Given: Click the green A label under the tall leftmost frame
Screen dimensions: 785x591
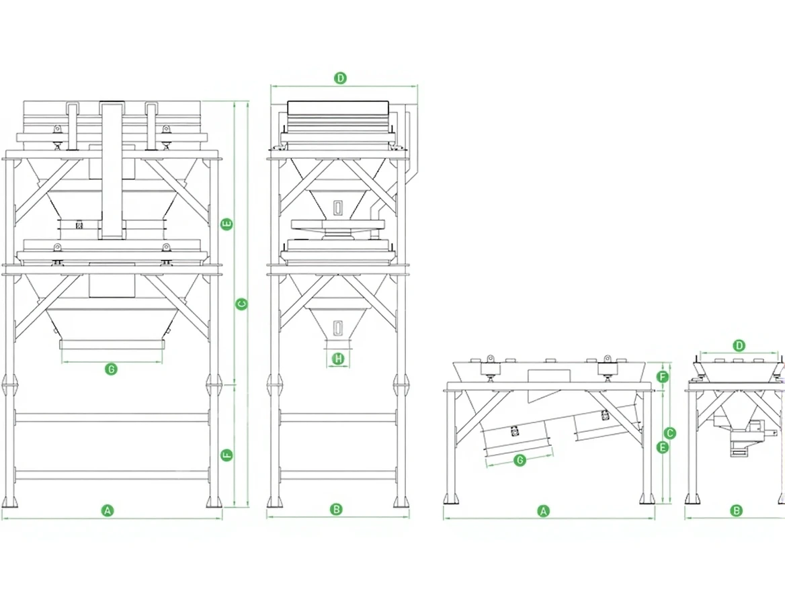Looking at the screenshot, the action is pos(108,510).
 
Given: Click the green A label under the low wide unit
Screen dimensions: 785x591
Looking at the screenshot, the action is pos(543,511).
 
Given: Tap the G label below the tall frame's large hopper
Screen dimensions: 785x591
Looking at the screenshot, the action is pos(111,369).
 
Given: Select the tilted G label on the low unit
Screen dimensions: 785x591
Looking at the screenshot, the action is pos(520,459).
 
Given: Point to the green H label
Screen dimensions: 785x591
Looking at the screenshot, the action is pos(339,359).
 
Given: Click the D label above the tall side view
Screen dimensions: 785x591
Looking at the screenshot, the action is pos(341,78).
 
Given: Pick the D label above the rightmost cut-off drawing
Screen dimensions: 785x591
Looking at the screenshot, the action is pos(739,345).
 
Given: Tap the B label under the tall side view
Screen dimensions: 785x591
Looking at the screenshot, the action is pos(337,510).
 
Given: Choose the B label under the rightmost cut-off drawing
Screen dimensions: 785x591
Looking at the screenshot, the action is pos(737,510).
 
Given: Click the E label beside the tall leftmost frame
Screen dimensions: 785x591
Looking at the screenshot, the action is pos(226,224).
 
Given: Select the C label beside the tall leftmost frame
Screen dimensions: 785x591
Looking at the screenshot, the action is pos(241,304).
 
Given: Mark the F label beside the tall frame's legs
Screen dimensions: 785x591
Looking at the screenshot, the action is pos(226,455).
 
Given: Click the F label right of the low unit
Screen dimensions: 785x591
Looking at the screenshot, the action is pos(663,377).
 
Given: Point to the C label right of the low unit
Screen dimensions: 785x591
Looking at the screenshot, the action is pos(670,433).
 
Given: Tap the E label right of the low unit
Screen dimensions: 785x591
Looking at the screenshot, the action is pos(663,447).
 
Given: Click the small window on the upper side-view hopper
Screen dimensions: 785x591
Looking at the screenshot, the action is pos(339,208).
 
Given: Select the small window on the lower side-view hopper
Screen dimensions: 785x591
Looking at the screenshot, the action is pos(339,327).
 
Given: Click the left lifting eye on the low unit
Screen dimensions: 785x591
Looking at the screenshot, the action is pos(490,359).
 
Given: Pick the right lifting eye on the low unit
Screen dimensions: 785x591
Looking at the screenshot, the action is pos(608,359).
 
